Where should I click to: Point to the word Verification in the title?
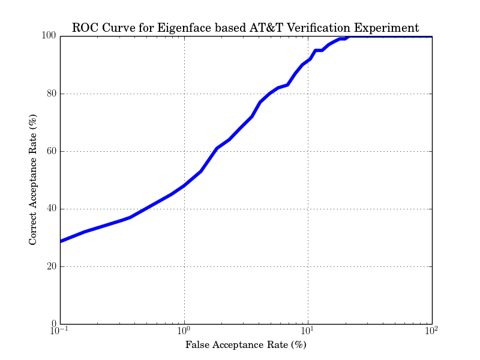(318, 28)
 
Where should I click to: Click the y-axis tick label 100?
(49, 36)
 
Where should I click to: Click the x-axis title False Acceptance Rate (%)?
(246, 346)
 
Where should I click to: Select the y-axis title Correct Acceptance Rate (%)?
(34, 180)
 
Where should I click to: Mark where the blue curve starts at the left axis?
(61, 241)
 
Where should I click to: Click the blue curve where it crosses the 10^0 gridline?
(184, 185)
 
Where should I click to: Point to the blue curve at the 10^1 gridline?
(308, 60)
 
